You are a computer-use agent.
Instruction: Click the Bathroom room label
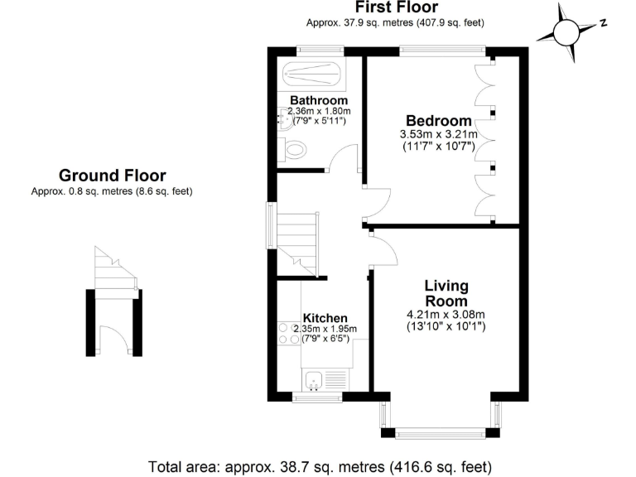click(318, 101)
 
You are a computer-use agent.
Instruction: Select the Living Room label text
click(446, 293)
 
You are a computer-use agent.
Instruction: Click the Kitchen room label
click(325, 318)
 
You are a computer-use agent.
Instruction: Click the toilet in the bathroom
click(295, 149)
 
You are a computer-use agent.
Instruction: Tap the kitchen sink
click(314, 381)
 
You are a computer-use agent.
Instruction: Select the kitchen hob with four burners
click(289, 332)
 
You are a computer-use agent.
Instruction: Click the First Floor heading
click(395, 8)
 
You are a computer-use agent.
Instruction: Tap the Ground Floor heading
click(112, 176)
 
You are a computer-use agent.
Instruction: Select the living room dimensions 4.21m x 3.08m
click(446, 314)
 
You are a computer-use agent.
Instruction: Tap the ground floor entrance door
click(113, 339)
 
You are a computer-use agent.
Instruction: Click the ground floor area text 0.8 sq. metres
click(112, 191)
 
